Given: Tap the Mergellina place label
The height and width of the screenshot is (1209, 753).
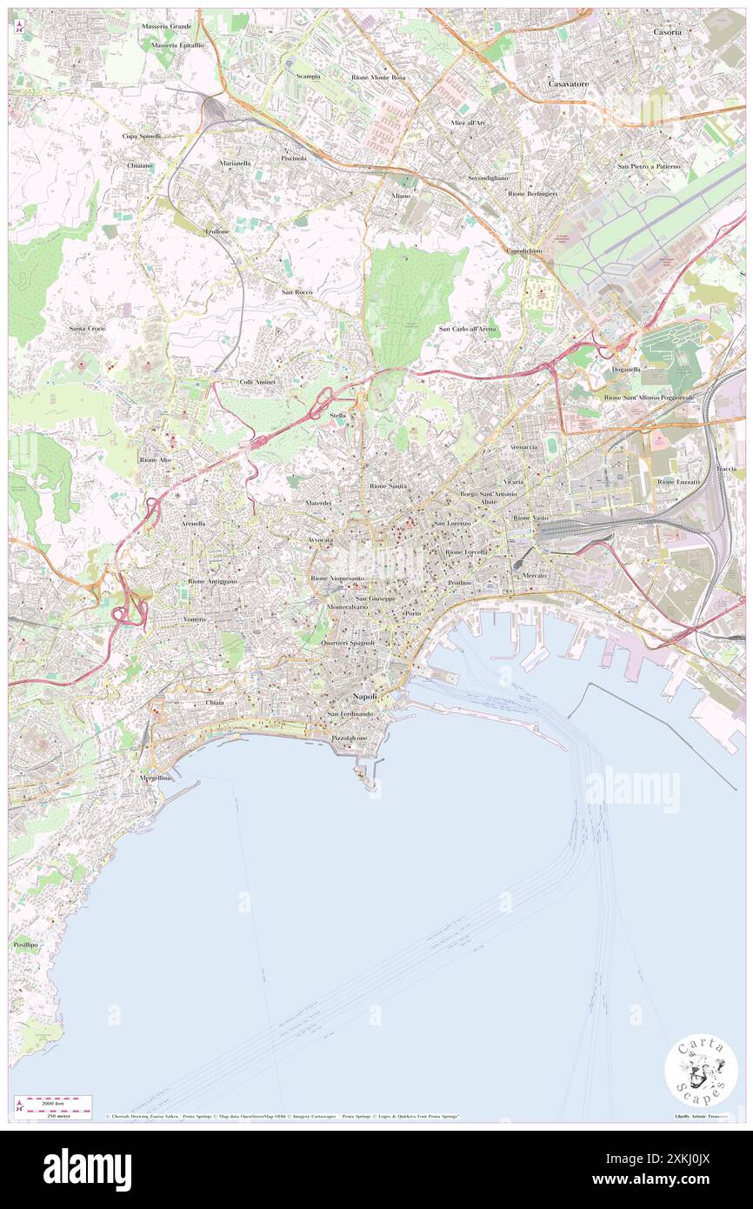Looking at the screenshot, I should click(x=156, y=778).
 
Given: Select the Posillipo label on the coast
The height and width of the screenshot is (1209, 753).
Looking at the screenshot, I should click(x=26, y=944).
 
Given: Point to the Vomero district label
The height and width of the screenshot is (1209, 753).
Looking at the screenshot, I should click(x=194, y=618).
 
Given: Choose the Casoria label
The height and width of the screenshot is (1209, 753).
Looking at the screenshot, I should click(x=668, y=31).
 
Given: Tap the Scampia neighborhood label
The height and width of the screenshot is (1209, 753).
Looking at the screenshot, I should click(x=307, y=76).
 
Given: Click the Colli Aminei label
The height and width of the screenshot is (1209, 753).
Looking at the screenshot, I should click(x=257, y=382).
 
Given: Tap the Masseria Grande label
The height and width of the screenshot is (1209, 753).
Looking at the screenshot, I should click(x=167, y=26).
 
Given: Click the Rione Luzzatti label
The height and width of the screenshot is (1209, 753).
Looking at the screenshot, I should click(x=678, y=481).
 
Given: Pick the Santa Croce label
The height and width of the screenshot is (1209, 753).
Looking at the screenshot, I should click(x=87, y=328).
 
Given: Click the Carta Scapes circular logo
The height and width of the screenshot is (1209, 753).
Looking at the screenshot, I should click(x=701, y=1072).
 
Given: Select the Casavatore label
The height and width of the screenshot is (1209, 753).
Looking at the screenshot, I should click(x=569, y=83).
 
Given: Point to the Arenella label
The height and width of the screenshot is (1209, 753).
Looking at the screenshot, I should click(x=193, y=524).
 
